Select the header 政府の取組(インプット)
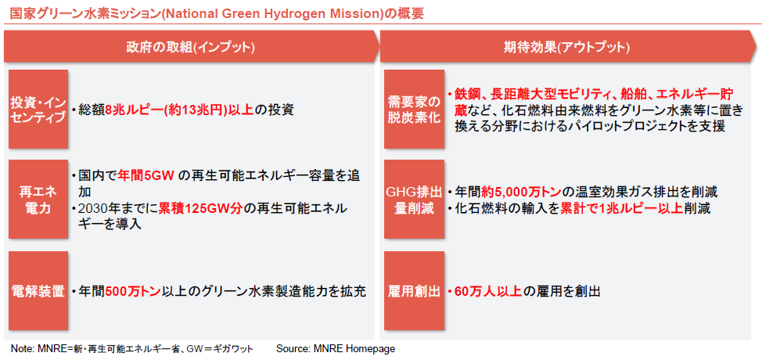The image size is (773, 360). pos(190,47)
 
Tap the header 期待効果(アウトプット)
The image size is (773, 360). pos(566,47)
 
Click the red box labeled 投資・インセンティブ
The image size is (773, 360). pos(38,109)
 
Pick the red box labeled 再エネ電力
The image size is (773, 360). pos(38,200)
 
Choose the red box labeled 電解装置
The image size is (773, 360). pos(38,291)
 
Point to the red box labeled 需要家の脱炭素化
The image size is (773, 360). pos(413,109)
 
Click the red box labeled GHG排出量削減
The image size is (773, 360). pos(413,200)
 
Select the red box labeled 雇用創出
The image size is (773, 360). pos(413,291)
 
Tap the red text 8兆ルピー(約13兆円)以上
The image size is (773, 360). pos(179,110)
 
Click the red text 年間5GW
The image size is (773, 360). pos(146,177)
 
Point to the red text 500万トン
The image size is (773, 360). pos(133,291)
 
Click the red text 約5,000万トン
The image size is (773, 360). pos(522,191)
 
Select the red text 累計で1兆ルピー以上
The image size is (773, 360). pos(621,209)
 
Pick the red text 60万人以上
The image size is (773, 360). pos(487,291)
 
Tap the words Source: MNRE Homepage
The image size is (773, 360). pos(336,349)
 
